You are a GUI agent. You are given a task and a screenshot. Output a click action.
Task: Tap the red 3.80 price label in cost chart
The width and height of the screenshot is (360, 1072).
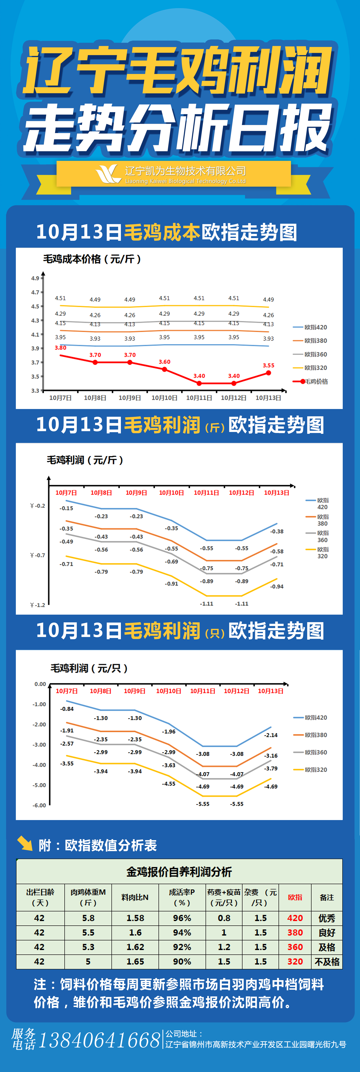tap(60, 347)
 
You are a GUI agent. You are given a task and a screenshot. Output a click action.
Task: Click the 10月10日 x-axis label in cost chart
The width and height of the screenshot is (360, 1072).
tap(164, 398)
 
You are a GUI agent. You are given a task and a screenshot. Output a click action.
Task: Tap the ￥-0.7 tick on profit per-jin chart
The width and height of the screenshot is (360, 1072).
tap(37, 555)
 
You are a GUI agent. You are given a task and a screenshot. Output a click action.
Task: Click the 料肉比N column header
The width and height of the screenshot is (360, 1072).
tap(135, 898)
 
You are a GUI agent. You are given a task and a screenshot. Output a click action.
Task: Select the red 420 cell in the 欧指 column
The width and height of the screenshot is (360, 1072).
tap(295, 918)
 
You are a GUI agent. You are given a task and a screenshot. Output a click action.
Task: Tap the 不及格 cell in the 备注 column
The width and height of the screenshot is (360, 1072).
tap(327, 962)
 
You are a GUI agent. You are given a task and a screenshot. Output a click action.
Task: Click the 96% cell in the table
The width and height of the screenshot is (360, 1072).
tap(182, 918)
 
